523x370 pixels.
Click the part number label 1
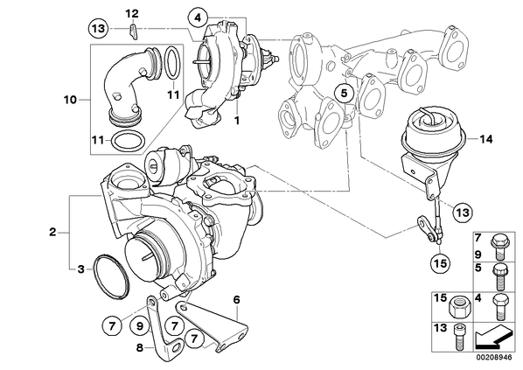coord(237,120)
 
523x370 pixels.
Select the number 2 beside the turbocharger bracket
coord(52,232)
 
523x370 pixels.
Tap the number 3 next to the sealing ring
coord(81,269)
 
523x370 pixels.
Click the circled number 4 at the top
coord(198,17)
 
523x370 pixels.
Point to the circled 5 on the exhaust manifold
coord(344,94)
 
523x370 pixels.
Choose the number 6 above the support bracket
coord(236,300)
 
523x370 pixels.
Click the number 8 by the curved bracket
coord(140,348)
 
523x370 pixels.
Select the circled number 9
coord(140,325)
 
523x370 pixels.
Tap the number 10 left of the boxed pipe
coord(70,100)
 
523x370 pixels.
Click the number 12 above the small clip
coord(132,14)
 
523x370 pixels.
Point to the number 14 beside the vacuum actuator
coord(486,139)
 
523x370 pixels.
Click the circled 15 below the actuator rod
coord(440,264)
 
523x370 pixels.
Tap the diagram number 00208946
coord(493,358)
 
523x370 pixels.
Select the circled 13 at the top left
coord(99,29)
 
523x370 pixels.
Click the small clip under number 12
coord(133,31)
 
